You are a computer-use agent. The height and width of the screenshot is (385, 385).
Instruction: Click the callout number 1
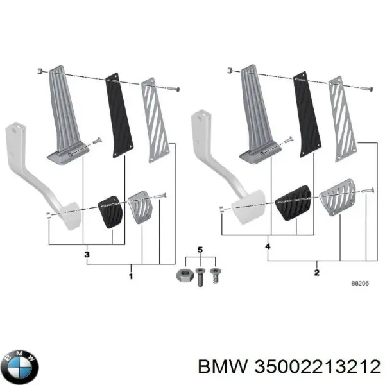click(x=131, y=277)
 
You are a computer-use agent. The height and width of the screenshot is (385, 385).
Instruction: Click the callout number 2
click(x=316, y=272)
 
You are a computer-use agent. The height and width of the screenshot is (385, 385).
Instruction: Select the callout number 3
click(x=87, y=255)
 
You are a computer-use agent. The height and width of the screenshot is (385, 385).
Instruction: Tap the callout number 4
click(x=267, y=246)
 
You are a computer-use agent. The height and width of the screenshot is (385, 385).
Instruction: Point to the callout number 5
click(x=200, y=249)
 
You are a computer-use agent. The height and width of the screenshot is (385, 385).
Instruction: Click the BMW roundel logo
click(x=21, y=366)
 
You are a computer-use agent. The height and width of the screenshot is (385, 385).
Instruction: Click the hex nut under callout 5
click(x=181, y=276)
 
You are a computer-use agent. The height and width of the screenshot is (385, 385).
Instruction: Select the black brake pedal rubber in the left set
click(x=108, y=211)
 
